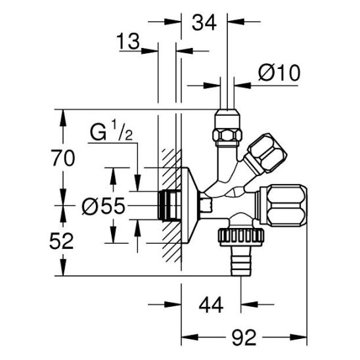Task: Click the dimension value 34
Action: click(204, 22)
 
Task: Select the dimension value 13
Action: click(128, 41)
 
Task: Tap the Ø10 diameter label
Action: click(279, 72)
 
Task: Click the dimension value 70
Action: click(64, 158)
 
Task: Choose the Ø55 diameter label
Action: click(104, 206)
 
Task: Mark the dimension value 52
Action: click(61, 241)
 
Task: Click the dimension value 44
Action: click(211, 305)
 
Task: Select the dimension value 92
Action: click(244, 338)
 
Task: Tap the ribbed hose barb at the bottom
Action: click(241, 261)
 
